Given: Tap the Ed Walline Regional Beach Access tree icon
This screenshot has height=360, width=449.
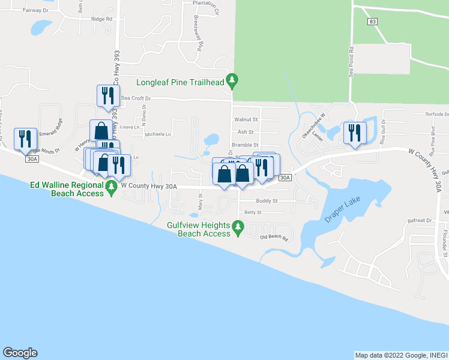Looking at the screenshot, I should pos(111,188).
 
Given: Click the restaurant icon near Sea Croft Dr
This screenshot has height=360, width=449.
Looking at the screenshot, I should pos(106,96).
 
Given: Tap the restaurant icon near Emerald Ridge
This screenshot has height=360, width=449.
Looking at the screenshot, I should pos(25,139).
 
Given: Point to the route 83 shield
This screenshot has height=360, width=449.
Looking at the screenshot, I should pos(372,21).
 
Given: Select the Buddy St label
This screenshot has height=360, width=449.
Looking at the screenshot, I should pos(267,201).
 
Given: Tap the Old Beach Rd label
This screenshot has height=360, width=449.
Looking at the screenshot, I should pos(274,239).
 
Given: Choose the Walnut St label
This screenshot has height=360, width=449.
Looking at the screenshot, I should pos(246,119).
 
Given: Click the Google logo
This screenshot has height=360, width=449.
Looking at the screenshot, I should pos(20,353).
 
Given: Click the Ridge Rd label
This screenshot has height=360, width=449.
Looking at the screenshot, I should pos(101,19).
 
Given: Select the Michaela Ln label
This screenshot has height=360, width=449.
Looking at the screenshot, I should pos(157,134).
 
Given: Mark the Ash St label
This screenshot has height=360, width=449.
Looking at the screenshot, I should pos(246,132).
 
